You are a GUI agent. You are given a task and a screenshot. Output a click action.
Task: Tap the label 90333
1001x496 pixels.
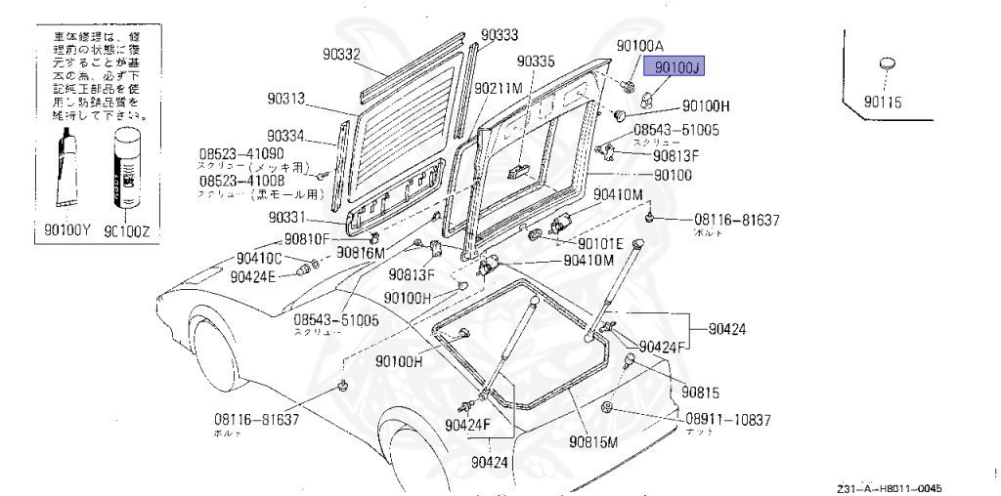[x=499, y=34]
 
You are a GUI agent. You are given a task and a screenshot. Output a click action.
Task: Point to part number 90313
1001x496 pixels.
[x=287, y=99]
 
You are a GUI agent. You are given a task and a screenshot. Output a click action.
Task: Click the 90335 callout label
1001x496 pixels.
[x=536, y=62]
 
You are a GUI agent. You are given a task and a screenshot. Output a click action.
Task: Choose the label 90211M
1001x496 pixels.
[x=499, y=88]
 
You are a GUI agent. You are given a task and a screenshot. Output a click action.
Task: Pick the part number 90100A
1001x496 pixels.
[x=640, y=46]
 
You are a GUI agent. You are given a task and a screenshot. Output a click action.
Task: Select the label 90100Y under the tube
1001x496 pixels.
[x=68, y=231]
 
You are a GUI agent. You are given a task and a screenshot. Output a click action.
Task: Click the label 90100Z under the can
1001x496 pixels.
[x=125, y=231]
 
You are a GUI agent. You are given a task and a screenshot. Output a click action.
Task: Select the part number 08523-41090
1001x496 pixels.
[x=241, y=154]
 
